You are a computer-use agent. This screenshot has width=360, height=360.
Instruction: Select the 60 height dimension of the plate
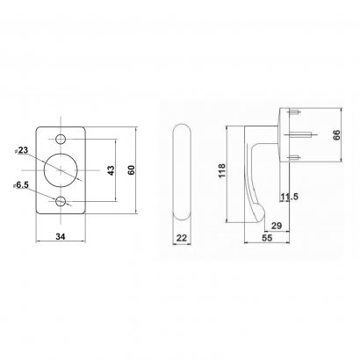(132, 170)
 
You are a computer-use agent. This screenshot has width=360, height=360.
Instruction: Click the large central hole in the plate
(61, 169)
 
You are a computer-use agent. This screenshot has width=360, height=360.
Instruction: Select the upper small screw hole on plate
(61, 140)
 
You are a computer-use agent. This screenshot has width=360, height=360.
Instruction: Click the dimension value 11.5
(291, 198)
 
